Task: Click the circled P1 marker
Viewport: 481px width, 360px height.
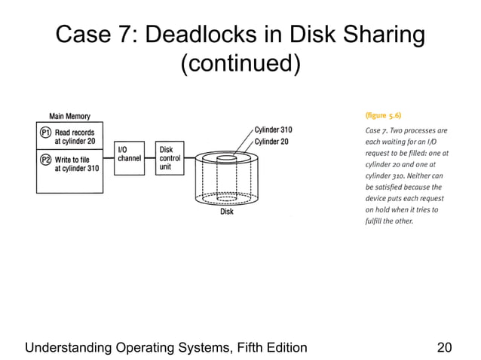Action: (x=45, y=132)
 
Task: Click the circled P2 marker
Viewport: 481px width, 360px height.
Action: (x=45, y=159)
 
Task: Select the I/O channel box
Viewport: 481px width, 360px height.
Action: (x=129, y=154)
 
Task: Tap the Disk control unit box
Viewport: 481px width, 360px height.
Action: (x=168, y=157)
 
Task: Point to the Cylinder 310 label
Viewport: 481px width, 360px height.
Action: (x=273, y=130)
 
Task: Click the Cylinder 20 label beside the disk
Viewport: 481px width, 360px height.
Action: (x=271, y=141)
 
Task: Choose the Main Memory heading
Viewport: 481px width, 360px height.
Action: (x=69, y=116)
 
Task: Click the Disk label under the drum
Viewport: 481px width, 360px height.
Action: (x=226, y=212)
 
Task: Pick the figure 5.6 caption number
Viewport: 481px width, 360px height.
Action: (x=383, y=116)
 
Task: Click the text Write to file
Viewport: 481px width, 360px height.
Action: (x=73, y=159)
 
